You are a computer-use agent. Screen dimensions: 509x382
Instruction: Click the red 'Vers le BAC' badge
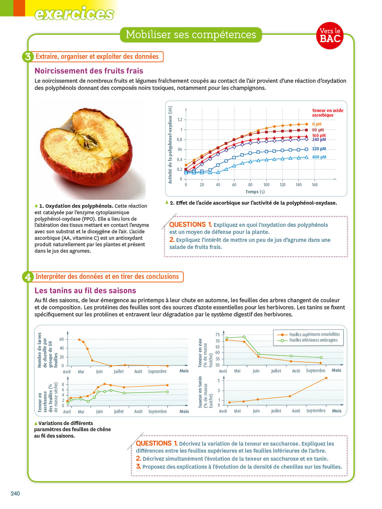tap(330, 35)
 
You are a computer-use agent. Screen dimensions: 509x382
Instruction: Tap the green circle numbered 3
tap(28, 57)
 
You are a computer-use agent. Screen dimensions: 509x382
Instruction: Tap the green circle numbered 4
tap(28, 277)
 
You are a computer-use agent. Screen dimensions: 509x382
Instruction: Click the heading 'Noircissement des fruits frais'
tap(89, 71)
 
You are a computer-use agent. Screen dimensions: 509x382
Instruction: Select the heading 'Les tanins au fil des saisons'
tap(85, 290)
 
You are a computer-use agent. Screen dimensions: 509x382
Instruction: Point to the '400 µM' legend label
tap(319, 157)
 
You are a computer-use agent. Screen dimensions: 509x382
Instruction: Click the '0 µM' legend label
tap(316, 124)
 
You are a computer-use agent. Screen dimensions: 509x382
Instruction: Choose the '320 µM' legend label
tap(319, 149)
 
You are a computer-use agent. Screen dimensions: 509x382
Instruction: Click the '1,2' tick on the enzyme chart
tap(180, 119)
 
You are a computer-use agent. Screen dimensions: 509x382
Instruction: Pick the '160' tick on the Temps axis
tap(314, 185)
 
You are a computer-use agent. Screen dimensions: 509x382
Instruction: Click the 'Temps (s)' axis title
tap(255, 192)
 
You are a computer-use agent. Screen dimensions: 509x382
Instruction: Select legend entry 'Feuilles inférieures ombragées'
tap(313, 340)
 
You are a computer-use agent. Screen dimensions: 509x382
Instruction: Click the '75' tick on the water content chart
tap(217, 335)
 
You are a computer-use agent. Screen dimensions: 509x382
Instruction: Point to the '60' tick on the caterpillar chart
tap(61, 339)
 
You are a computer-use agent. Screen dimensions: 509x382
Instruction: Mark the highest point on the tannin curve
tap(326, 378)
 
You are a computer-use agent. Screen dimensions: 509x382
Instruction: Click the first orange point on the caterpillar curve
tap(79, 339)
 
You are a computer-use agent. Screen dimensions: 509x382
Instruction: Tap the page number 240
tap(15, 493)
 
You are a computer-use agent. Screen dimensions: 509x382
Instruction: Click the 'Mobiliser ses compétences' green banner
tap(191, 35)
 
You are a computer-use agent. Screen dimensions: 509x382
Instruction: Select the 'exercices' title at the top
tap(74, 14)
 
